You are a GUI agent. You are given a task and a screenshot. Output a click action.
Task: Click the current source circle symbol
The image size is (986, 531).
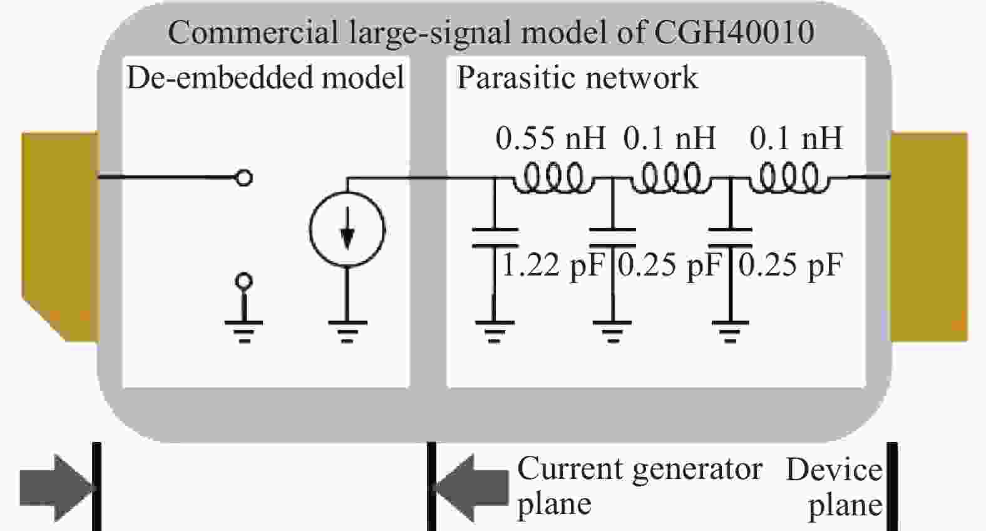[347, 230]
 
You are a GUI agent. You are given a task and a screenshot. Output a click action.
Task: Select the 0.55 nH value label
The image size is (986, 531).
[550, 138]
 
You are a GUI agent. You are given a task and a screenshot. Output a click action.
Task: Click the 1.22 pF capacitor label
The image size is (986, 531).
[553, 265]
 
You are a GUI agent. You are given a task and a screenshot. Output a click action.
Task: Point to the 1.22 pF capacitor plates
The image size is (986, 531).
[495, 238]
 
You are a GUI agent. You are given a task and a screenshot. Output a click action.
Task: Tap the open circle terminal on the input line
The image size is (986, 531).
[244, 178]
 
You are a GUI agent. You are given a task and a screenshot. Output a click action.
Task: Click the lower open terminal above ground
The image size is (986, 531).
[244, 281]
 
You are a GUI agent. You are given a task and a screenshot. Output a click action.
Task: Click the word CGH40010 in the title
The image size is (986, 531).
[734, 32]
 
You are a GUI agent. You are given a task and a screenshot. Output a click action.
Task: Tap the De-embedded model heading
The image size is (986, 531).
[265, 78]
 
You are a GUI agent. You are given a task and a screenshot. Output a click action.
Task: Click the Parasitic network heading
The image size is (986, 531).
[577, 78]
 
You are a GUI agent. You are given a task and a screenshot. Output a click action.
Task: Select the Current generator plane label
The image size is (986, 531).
[639, 485]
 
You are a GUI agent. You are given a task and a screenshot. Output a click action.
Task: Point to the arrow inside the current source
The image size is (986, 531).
[347, 235]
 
